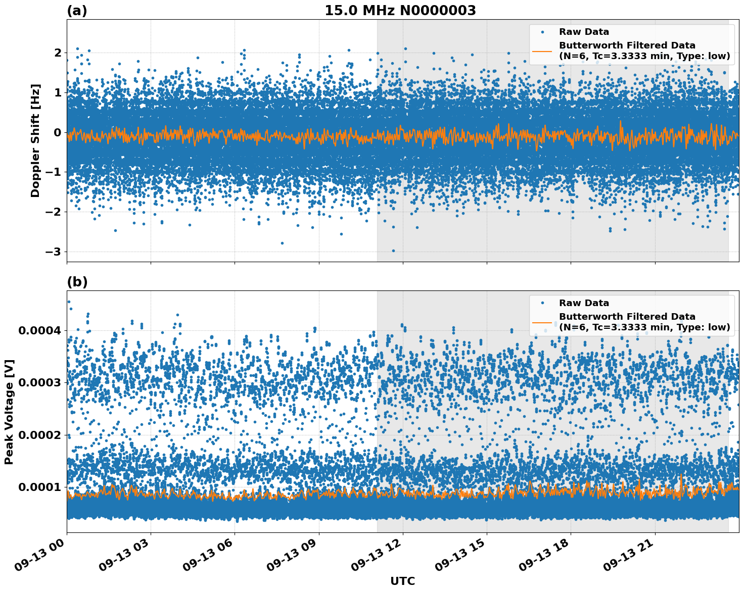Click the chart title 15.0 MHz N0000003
400,11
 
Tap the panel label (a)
77,11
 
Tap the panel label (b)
77,282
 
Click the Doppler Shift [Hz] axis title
35,140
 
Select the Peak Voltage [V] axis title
9,412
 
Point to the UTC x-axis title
402,581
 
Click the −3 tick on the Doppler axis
54,252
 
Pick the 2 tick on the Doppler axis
58,53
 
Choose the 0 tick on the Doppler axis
58,132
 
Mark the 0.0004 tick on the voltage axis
39,330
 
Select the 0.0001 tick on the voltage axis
39,487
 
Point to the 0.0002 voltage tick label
39,435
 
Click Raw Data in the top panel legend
584,32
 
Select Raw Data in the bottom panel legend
584,303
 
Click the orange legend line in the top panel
542,51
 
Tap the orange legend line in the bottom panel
542,322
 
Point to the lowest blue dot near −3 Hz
393,251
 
